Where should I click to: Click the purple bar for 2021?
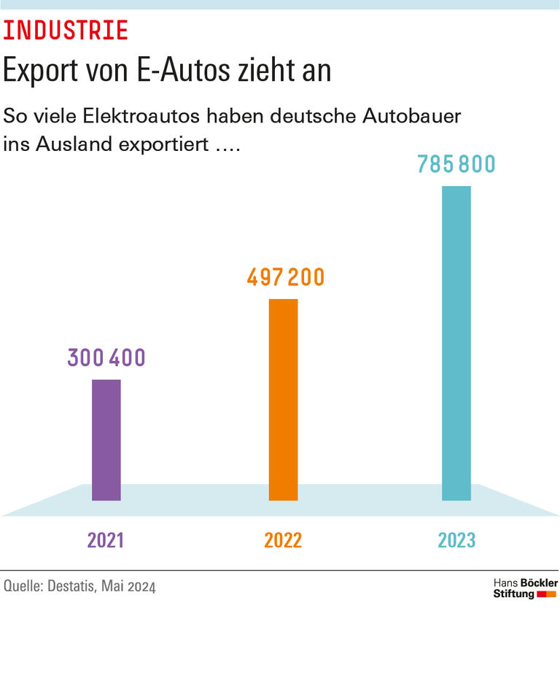point(106,440)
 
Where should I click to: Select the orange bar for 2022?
point(283,400)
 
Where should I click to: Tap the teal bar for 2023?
point(456,343)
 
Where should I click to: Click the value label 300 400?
point(106,358)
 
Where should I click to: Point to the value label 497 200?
point(285,278)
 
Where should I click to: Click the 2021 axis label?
point(106,540)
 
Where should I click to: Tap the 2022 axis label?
point(283,540)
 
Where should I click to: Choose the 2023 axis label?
point(456,540)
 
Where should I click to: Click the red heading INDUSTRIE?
point(66,31)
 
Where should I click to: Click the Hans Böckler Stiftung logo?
point(525,588)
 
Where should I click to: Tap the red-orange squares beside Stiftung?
point(546,594)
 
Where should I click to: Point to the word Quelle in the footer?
point(22,586)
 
